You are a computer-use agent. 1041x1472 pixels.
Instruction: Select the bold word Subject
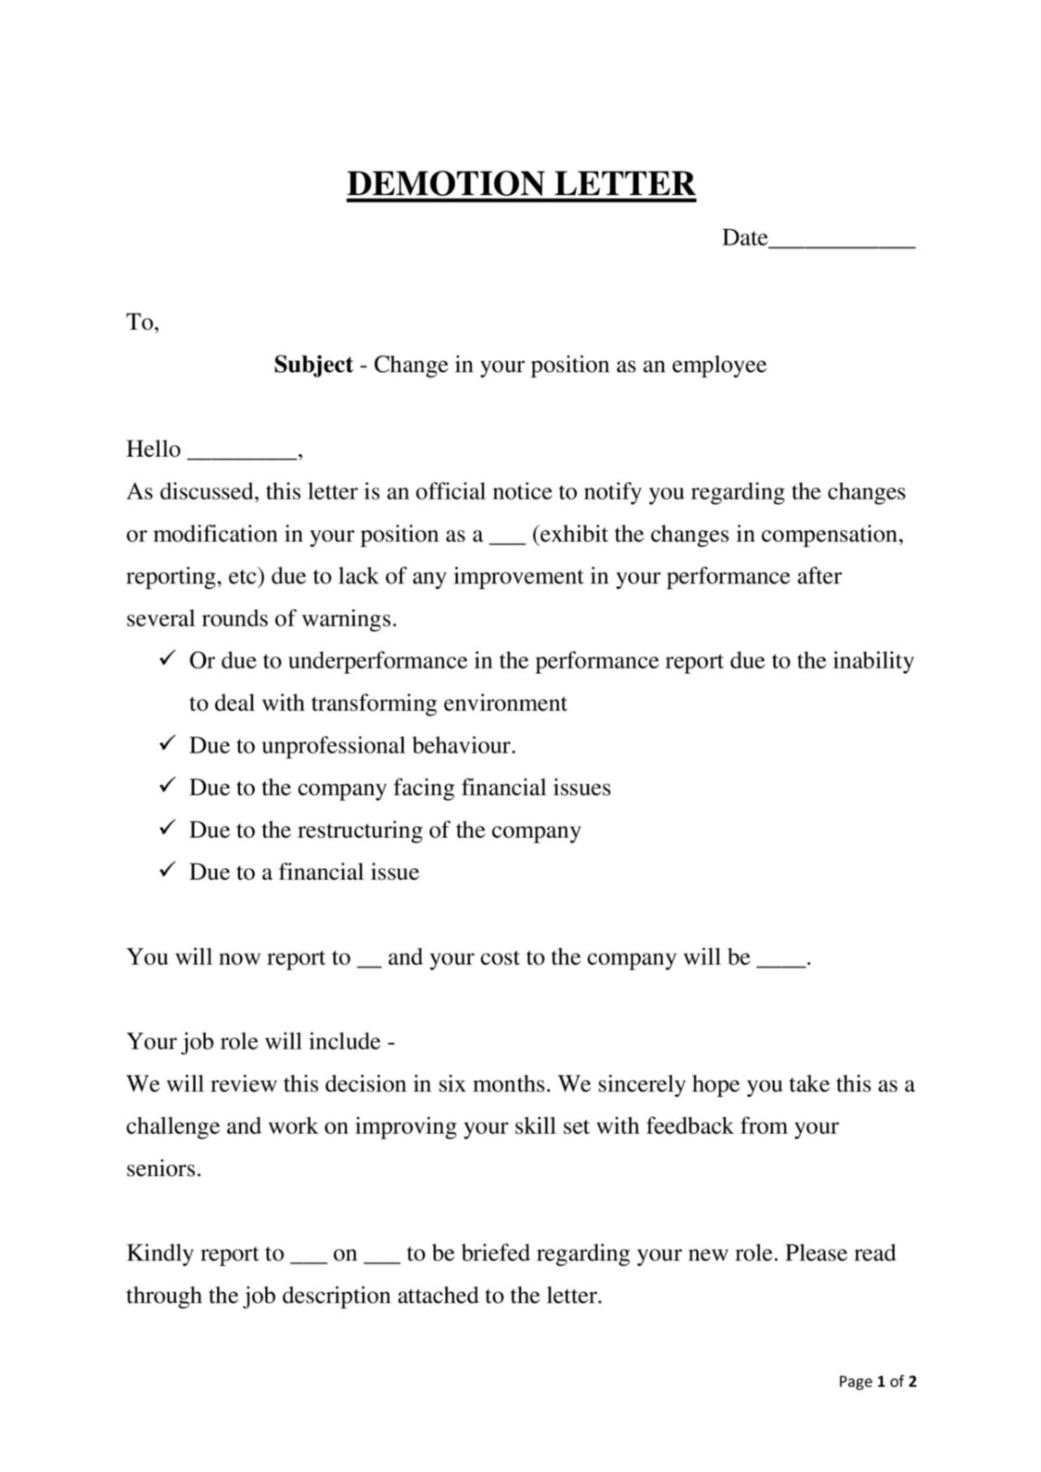point(313,364)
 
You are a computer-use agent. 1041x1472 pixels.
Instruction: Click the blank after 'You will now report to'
point(369,964)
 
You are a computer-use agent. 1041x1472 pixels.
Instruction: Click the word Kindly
point(160,1254)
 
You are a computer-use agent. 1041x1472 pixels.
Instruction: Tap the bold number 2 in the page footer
point(912,1382)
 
